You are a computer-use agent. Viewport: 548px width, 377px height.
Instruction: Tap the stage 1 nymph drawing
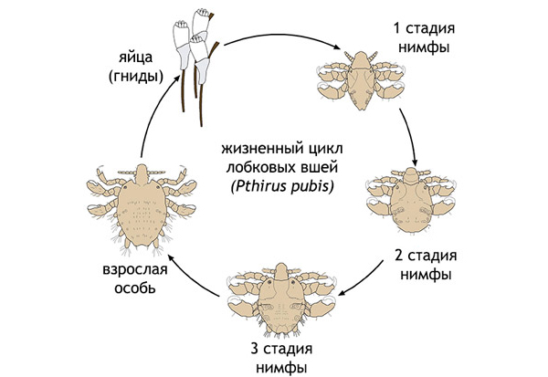363,78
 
